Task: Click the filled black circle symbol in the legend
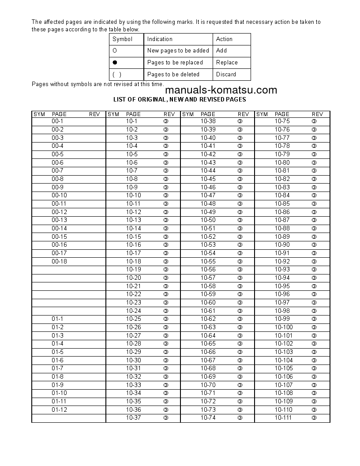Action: pos(115,63)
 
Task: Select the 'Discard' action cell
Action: pos(226,74)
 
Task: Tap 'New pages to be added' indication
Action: pos(178,51)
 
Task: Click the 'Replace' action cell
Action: pos(227,63)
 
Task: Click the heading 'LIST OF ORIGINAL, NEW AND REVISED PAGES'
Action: pos(180,100)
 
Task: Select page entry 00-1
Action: pos(57,121)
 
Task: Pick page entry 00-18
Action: pos(59,261)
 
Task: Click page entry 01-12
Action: pos(59,410)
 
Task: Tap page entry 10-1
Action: pos(132,121)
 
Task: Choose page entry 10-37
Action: pos(133,417)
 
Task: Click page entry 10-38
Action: pos(208,121)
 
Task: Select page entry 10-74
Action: pos(208,417)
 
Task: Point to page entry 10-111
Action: pos(283,417)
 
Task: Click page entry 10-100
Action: pos(283,327)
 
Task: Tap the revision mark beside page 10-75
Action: pos(314,121)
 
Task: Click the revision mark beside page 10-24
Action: pos(166,311)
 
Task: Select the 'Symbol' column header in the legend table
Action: pos(122,39)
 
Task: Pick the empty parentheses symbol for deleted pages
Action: pos(117,74)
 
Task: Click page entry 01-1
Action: pos(57,319)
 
